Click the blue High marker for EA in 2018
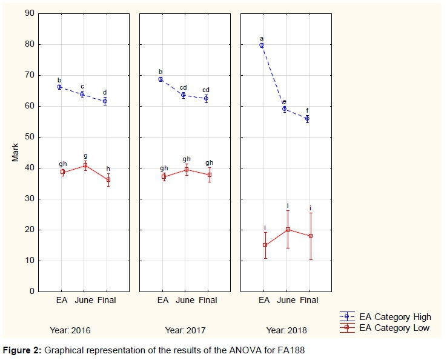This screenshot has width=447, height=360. point(262,45)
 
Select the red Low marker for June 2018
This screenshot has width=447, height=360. point(288,229)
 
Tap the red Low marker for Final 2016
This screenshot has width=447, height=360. point(108,179)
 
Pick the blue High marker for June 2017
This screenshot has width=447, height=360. point(184,95)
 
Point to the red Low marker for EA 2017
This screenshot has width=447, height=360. point(164,176)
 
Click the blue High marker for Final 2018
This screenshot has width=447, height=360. point(307,119)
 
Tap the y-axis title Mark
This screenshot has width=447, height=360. point(15,152)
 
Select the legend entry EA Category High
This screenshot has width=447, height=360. point(395,316)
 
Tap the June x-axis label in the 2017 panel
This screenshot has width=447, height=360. point(185,300)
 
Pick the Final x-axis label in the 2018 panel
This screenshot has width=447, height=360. point(309,300)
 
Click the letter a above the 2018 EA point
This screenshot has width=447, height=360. point(262,38)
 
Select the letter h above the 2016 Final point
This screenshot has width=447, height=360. point(108,168)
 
